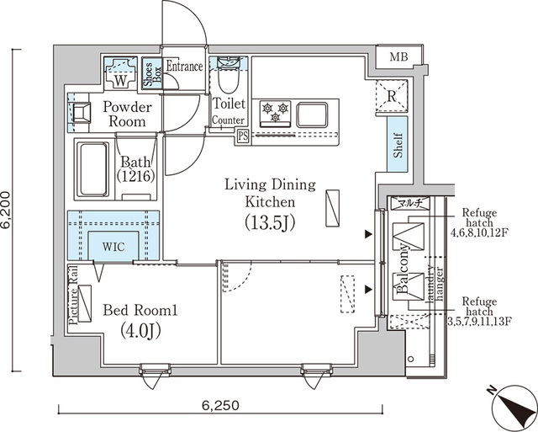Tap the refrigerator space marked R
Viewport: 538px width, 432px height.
[x=390, y=93]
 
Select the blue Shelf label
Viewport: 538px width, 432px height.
[x=398, y=146]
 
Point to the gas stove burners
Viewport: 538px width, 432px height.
[x=275, y=111]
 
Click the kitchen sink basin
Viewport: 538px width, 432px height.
[x=314, y=112]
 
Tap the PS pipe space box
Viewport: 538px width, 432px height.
[x=242, y=136]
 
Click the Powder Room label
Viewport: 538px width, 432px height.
[x=128, y=115]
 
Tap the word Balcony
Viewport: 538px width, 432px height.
[x=404, y=269]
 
